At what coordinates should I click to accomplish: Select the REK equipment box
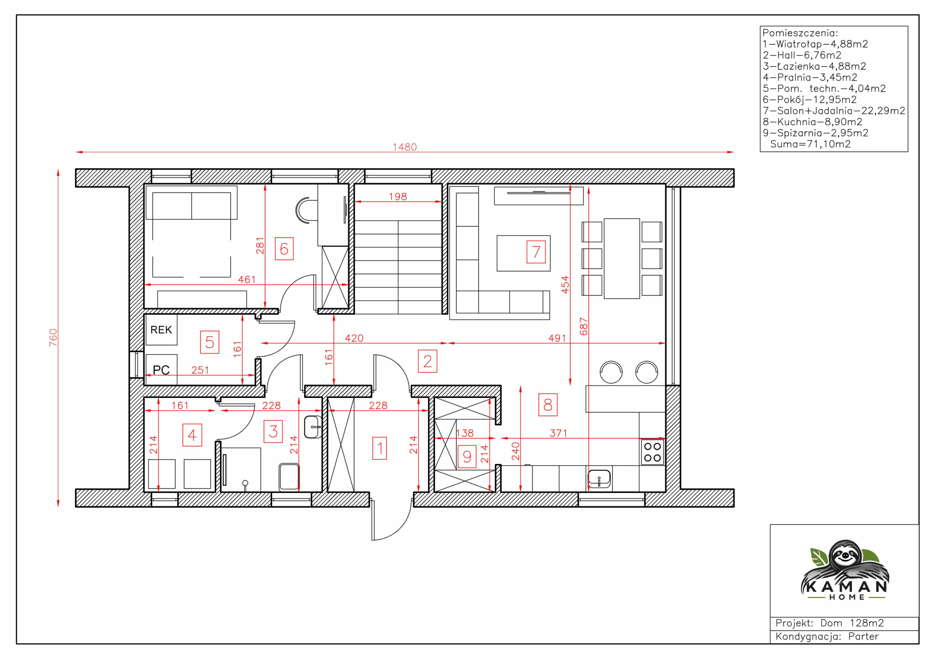pos(161,330)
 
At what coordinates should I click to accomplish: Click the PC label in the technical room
pos(161,370)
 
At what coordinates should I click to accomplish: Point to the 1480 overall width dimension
pos(404,147)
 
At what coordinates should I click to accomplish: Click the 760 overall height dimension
pos(53,338)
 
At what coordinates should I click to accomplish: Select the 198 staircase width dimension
pos(397,197)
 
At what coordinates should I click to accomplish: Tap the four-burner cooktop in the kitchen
pos(652,452)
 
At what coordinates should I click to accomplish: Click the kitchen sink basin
pos(599,479)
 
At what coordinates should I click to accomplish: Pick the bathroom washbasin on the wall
pos(313,427)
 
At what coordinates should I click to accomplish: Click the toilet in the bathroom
pos(289,477)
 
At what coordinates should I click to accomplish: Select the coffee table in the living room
pos(523,253)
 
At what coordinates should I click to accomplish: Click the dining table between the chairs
pos(622,259)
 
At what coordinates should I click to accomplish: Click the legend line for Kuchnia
pos(813,121)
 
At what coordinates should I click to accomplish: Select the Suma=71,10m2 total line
pos(810,144)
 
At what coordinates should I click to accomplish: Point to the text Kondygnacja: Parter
pos(827,636)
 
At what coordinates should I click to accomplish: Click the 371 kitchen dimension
pos(558,433)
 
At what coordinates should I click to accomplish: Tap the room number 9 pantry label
pos(467,456)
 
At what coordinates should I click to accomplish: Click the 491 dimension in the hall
pos(557,338)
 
